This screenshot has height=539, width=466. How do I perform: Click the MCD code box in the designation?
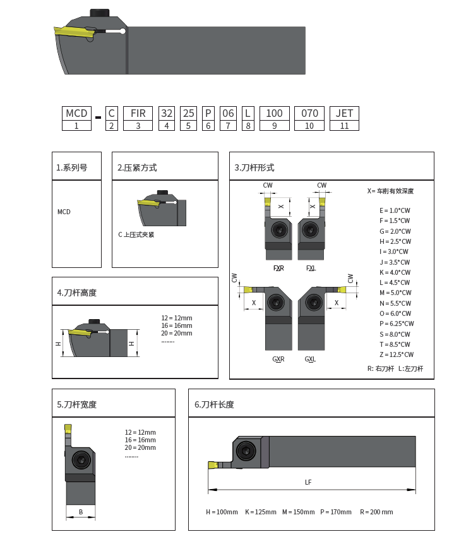tap(76, 113)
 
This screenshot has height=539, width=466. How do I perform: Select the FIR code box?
tap(138, 113)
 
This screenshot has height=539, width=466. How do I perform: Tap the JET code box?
tap(344, 113)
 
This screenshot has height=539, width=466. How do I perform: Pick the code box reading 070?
tap(309, 113)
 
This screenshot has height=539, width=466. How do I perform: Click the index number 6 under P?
tap(208, 126)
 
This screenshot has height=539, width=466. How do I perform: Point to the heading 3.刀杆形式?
tap(254, 167)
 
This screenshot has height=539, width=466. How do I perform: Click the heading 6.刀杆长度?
tap(214, 404)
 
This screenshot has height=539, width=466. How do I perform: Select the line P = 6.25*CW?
tap(397, 324)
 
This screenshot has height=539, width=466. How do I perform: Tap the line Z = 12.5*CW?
tap(397, 354)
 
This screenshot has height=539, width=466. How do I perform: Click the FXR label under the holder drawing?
tap(278, 268)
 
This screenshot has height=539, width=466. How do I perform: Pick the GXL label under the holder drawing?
tap(310, 359)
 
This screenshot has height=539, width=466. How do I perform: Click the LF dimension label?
tap(308, 482)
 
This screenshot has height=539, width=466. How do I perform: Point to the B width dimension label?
tap(81, 512)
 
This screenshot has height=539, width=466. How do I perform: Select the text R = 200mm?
tap(376, 512)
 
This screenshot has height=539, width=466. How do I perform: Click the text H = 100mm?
tap(222, 512)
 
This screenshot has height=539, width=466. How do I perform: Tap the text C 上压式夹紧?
tap(136, 234)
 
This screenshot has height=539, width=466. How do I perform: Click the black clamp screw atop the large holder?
tap(99, 12)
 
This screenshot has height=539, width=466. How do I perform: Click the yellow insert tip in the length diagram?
tap(213, 466)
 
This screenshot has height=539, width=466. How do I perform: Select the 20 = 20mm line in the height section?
tap(177, 333)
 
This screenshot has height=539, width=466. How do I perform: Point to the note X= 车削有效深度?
tap(390, 191)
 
